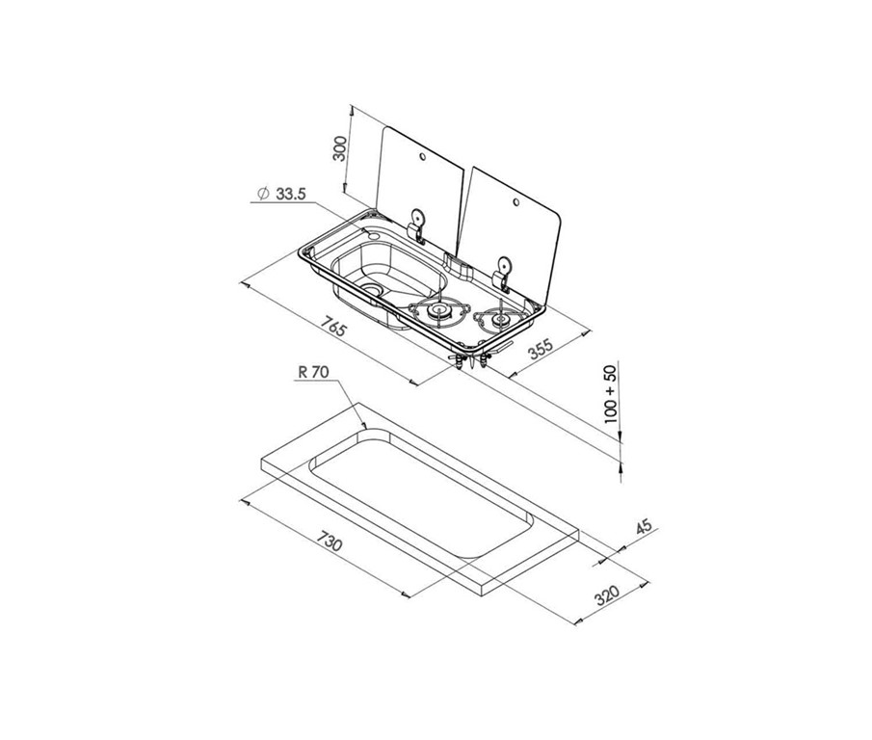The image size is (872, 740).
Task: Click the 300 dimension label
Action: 339,148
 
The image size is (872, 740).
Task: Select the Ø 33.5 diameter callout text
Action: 282,194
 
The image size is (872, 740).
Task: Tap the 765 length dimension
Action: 334,327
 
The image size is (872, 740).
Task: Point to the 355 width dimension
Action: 541,350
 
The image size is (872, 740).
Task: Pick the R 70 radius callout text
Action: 314,372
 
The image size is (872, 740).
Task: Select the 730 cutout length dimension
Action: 330,541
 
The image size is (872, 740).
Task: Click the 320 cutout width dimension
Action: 607,595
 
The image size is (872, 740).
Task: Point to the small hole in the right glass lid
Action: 515,201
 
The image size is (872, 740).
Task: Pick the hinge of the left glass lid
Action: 416,224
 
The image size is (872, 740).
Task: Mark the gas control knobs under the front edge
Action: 471,358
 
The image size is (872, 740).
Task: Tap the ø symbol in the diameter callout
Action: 264,194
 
